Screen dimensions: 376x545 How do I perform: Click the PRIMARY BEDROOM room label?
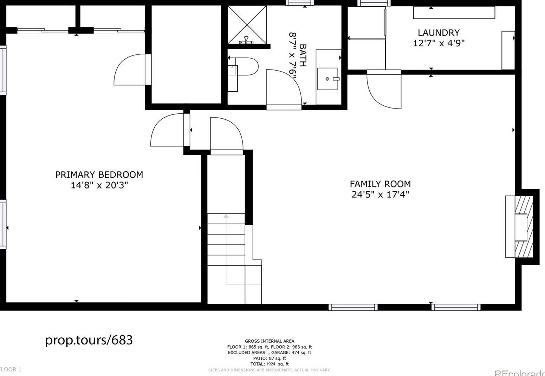[99, 174]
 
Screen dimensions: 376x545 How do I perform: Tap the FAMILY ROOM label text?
[380, 184]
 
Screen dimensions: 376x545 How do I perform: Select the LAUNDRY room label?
[439, 33]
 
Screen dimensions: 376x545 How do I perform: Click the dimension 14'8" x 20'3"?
[99, 185]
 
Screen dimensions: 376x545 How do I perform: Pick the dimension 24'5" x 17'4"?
[380, 194]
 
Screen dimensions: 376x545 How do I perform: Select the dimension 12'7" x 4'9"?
[439, 43]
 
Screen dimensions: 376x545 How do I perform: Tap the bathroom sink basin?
[327, 79]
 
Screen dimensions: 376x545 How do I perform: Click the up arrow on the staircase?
[226, 217]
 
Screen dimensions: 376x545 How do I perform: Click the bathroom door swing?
[283, 88]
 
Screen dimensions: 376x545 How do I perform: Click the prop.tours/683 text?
[89, 340]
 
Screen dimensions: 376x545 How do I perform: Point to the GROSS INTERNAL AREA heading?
[270, 341]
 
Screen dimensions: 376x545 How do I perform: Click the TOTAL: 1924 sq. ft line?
[270, 364]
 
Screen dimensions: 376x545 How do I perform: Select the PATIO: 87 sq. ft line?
[270, 358]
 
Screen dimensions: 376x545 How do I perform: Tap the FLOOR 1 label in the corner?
[11, 369]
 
